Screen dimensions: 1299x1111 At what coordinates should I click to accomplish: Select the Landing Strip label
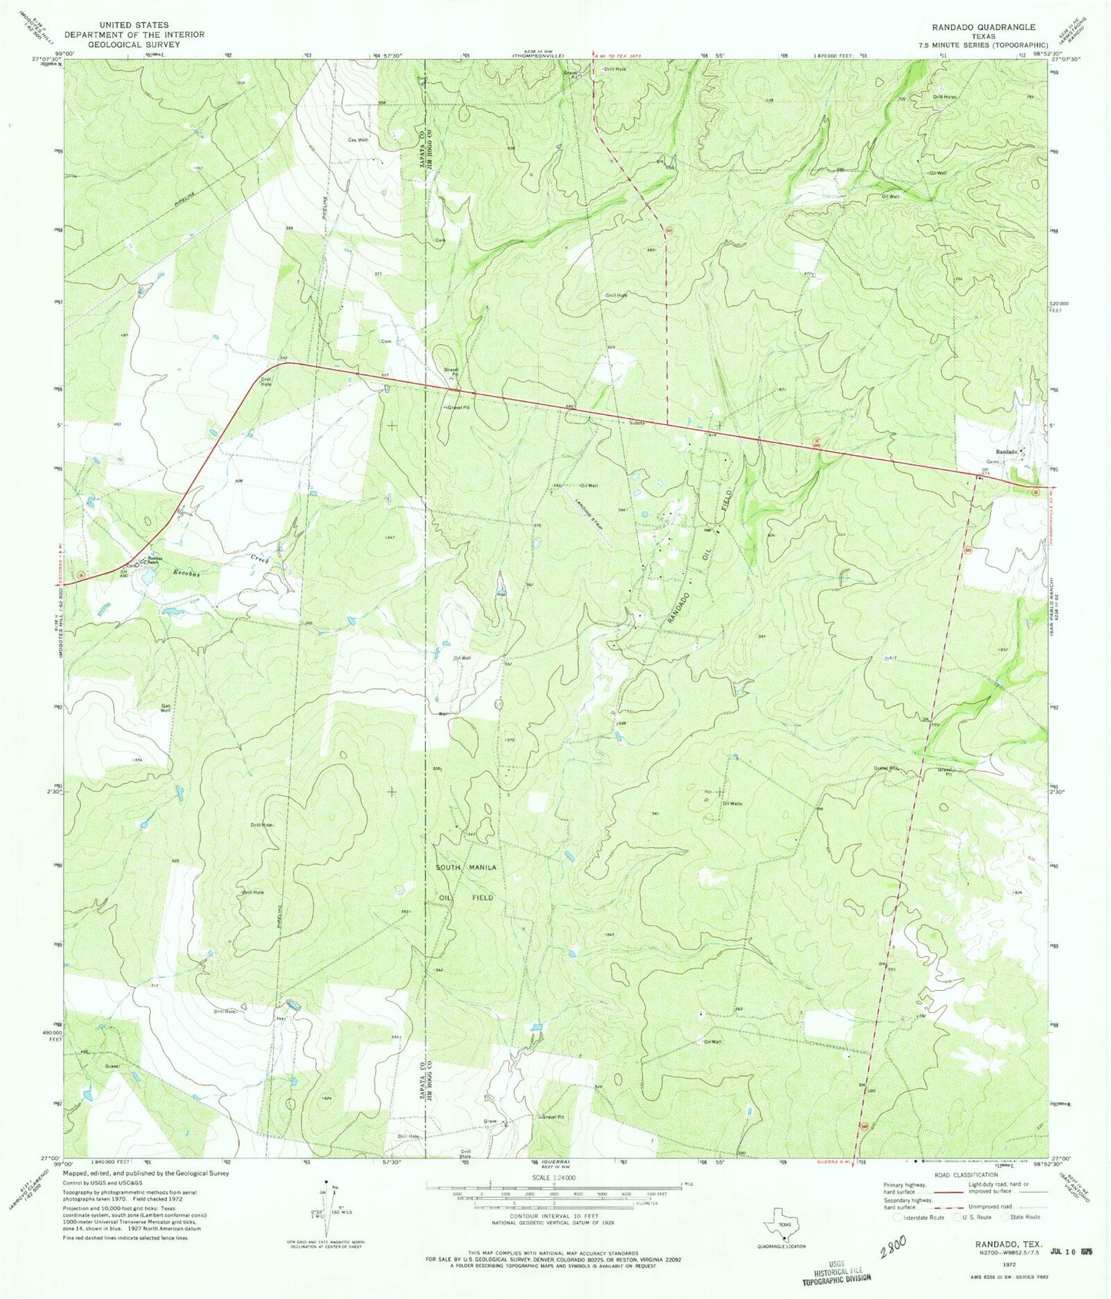tap(587, 510)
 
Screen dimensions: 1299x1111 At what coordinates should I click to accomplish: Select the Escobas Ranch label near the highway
tap(156, 560)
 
